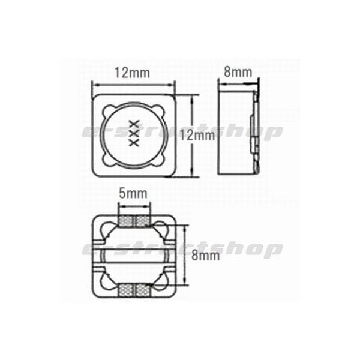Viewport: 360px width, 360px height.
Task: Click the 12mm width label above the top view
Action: tap(132, 73)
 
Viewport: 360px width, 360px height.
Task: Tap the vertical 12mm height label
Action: tap(197, 135)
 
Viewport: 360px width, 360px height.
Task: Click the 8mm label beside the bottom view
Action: tap(205, 255)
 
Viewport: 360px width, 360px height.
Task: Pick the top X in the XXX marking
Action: tap(134, 124)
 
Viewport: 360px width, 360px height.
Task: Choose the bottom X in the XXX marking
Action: tap(134, 142)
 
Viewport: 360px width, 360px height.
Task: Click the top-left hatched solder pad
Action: tap(125, 221)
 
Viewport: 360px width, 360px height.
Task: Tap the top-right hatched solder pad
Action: tap(143, 221)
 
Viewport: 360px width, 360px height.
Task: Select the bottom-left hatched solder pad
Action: tap(125, 290)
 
